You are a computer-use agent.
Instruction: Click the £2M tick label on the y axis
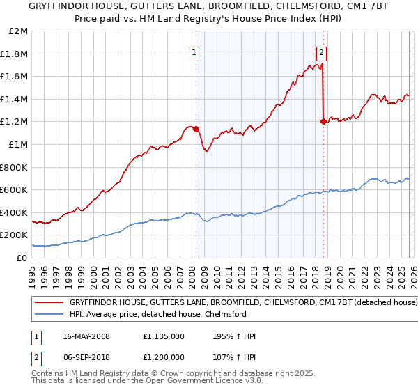pyautogui.click(x=19, y=31)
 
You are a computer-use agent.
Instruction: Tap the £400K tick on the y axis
pyautogui.click(x=15, y=212)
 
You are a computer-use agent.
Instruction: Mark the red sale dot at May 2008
pyautogui.click(x=196, y=129)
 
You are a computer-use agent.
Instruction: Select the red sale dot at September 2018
pyautogui.click(x=323, y=122)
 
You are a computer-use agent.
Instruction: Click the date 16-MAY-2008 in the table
pyautogui.click(x=86, y=336)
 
